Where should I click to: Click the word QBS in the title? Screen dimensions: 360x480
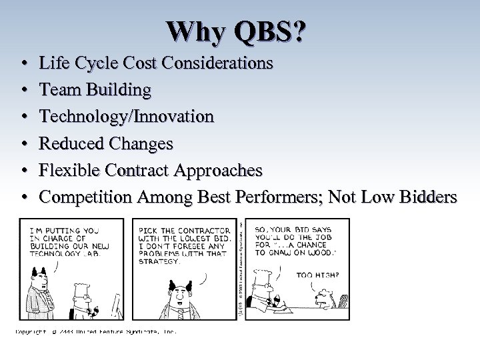tap(267, 31)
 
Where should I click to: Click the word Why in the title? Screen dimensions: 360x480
tap(194, 31)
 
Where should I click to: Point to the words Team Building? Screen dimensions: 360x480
tap(95, 90)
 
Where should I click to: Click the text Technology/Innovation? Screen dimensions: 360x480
tap(127, 117)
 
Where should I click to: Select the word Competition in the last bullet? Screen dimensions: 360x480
tap(86, 197)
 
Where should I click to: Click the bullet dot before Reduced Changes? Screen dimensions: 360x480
tap(23, 144)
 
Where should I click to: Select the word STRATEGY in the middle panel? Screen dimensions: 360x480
tap(160, 261)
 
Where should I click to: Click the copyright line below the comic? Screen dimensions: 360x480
tap(97, 331)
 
